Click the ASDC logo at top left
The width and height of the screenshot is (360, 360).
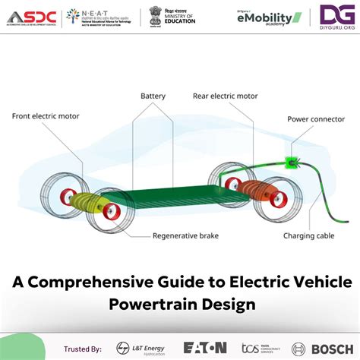pyautogui.click(x=30, y=17)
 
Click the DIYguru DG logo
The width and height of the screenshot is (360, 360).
pyautogui.click(x=335, y=16)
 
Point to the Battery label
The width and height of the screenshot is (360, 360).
pyautogui.click(x=153, y=96)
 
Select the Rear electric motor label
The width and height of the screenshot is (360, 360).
pyautogui.click(x=226, y=96)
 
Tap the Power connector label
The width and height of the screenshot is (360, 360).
pyautogui.click(x=316, y=119)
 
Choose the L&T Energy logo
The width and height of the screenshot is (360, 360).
pyautogui.click(x=137, y=348)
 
